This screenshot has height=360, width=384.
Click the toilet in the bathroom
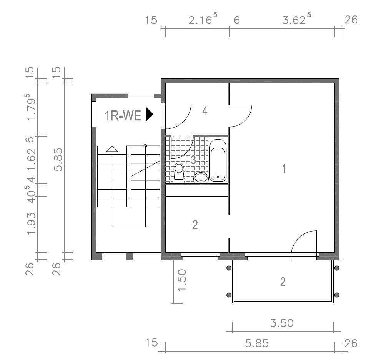tap(179, 173)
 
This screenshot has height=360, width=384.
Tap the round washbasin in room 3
tap(201, 178)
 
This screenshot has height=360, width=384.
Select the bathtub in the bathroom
tap(218, 160)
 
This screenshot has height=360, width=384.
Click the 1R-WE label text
tap(123, 115)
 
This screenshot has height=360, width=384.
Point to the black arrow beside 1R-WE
tap(149, 114)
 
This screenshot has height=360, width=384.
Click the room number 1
tap(284, 168)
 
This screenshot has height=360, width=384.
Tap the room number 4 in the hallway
tap(205, 111)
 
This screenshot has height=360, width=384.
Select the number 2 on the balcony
tap(283, 282)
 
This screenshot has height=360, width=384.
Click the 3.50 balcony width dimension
tap(282, 323)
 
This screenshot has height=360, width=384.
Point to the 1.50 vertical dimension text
tap(182, 280)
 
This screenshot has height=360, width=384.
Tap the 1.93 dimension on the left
tap(32, 223)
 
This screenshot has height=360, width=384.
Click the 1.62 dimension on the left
tap(32, 160)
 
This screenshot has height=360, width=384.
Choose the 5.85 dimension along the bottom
tap(257, 343)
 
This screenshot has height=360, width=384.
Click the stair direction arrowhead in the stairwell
tap(112, 149)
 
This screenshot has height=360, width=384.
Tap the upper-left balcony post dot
tap(229, 268)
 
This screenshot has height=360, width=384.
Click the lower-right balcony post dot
tap(337, 295)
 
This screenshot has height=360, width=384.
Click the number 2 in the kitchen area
tap(195, 225)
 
